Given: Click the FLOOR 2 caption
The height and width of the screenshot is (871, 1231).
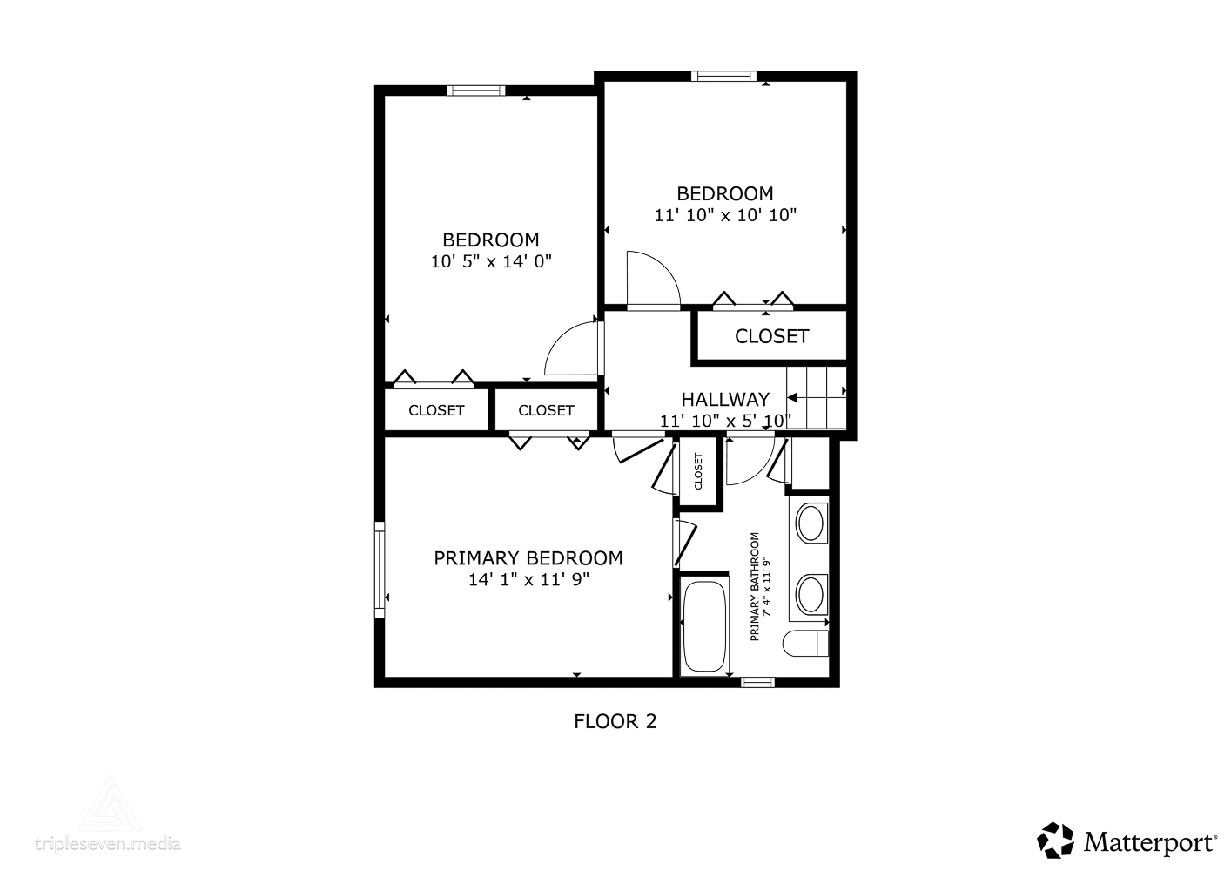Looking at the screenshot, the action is (x=615, y=721).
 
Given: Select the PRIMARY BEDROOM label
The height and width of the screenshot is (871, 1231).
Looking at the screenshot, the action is (x=528, y=558).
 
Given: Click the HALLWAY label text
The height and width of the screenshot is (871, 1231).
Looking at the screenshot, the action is (x=725, y=399).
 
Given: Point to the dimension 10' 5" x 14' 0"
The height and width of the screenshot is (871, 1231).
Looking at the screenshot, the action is (x=491, y=262).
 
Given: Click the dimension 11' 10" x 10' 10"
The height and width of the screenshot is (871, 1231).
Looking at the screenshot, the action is (x=725, y=215).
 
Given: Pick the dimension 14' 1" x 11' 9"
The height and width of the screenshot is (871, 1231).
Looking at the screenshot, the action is (x=528, y=579).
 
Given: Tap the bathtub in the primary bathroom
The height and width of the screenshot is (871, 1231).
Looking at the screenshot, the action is (x=704, y=626).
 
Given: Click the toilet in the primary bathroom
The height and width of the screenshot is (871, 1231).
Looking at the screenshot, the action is (x=805, y=644).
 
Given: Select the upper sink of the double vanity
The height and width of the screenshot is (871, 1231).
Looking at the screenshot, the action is (x=810, y=523).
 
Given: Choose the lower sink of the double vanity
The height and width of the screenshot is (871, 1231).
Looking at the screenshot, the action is (x=810, y=594).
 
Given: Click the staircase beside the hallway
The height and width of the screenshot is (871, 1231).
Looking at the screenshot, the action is (x=816, y=397).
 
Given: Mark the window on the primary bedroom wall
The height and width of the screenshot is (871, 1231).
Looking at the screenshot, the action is (x=380, y=570).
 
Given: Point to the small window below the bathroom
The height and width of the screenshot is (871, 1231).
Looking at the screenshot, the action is (x=757, y=682).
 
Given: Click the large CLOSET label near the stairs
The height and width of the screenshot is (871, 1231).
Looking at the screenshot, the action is (x=771, y=336).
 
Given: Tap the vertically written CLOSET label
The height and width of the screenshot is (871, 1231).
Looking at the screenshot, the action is (x=698, y=470).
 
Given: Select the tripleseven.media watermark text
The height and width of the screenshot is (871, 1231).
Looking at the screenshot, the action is (x=108, y=843).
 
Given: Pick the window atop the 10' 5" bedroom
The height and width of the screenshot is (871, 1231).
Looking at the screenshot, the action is (x=475, y=91).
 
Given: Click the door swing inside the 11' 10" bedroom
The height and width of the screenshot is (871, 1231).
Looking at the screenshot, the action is (x=654, y=280).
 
